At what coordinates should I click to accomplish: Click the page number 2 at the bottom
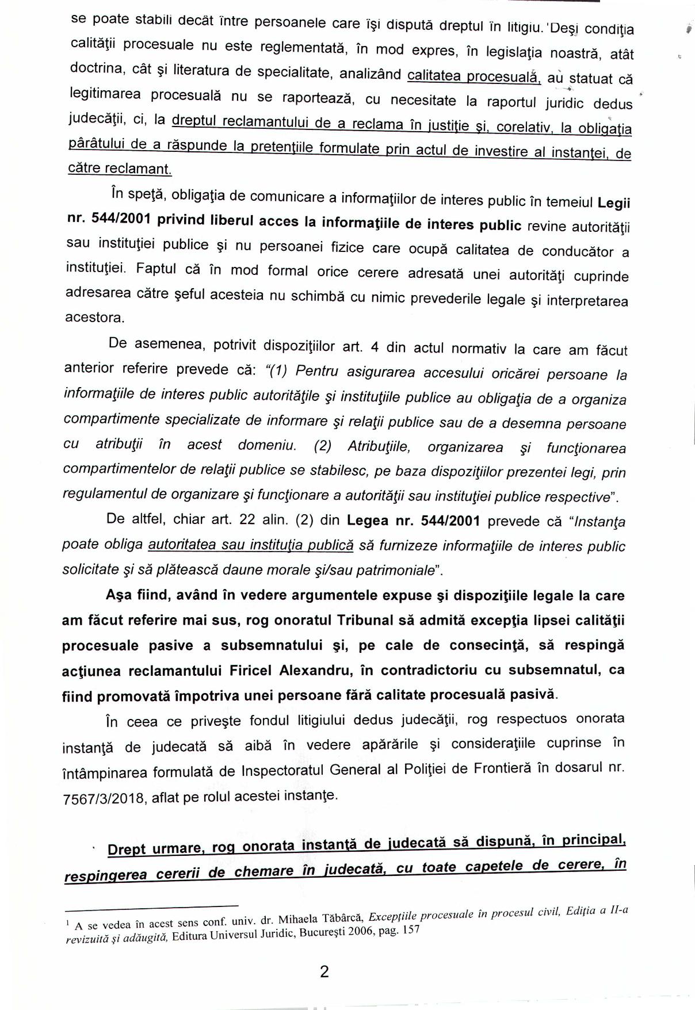(324, 972)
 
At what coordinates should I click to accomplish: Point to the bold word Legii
(614, 204)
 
